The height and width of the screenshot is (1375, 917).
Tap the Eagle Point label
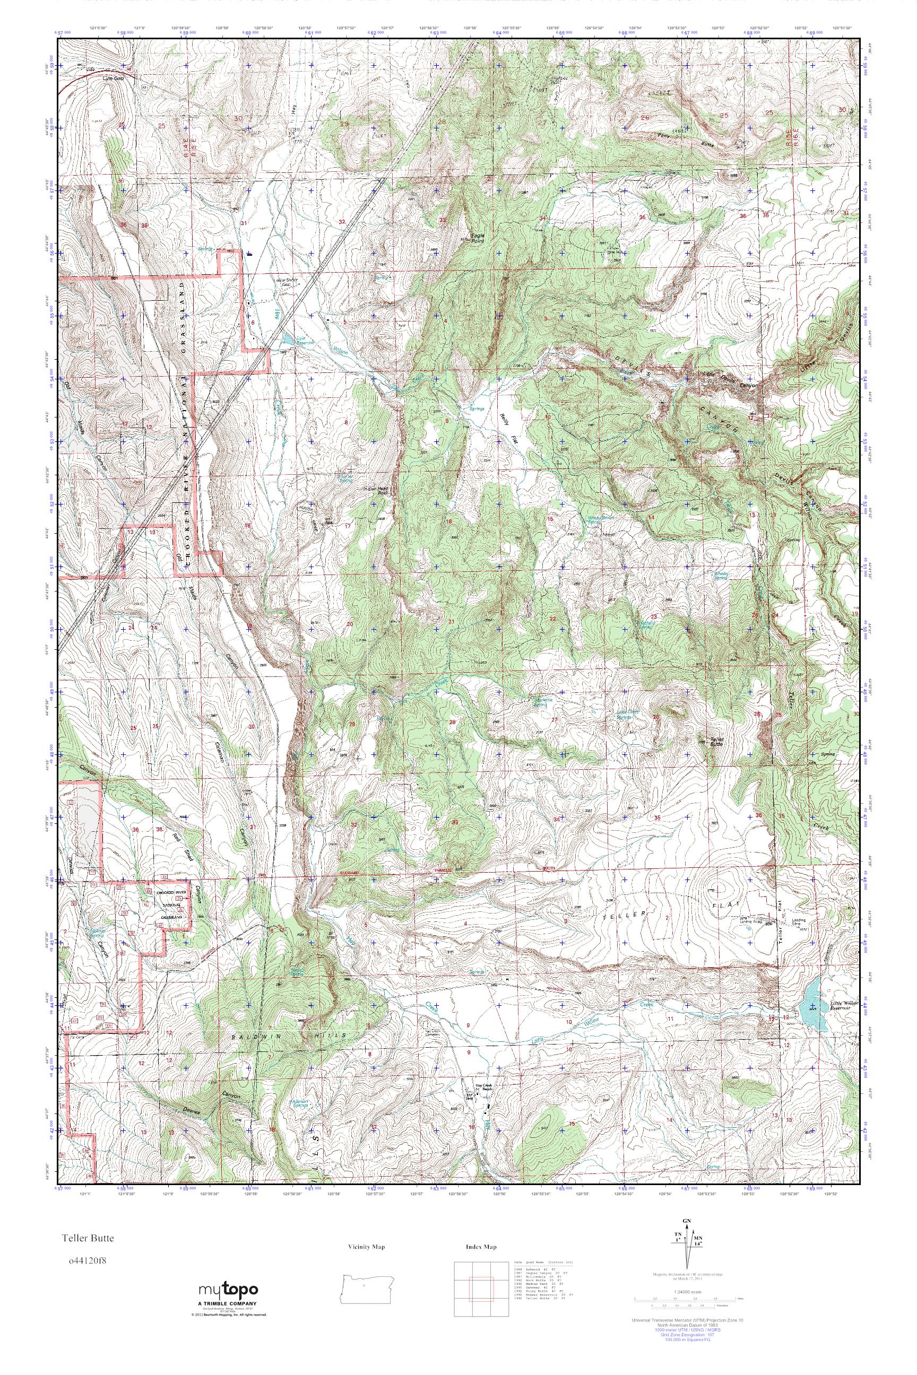click(x=478, y=237)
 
